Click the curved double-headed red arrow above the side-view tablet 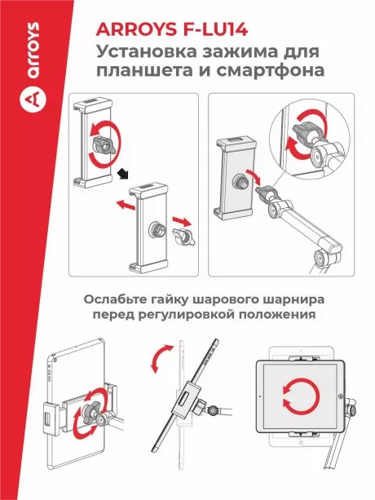[x=161, y=359]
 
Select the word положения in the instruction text [x=276, y=314]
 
